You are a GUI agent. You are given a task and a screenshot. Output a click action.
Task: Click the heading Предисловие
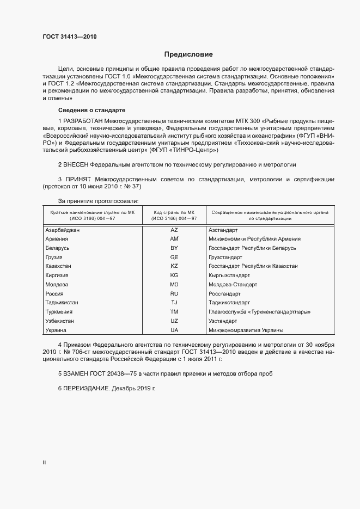[188, 54]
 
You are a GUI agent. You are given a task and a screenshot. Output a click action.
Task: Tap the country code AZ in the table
[174, 230]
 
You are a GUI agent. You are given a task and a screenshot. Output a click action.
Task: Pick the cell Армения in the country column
[57, 239]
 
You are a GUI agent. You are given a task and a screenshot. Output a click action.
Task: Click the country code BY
[174, 248]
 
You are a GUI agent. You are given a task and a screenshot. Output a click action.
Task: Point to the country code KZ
[174, 266]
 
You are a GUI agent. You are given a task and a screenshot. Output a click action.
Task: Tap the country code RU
[174, 293]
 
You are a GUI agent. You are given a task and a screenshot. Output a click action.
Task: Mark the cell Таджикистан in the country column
[62, 303]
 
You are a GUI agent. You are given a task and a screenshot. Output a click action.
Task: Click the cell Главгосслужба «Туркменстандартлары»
[260, 312]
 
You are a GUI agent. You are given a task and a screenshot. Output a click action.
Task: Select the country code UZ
[174, 321]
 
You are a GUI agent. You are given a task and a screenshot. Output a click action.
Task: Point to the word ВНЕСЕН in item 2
[76, 164]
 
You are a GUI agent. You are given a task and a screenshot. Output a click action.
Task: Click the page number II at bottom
[44, 462]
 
